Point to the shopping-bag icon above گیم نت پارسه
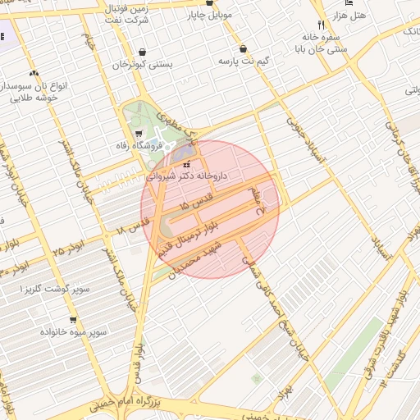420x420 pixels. (243, 48)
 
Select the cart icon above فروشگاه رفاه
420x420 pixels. (137, 135)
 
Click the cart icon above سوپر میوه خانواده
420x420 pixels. (74, 320)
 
